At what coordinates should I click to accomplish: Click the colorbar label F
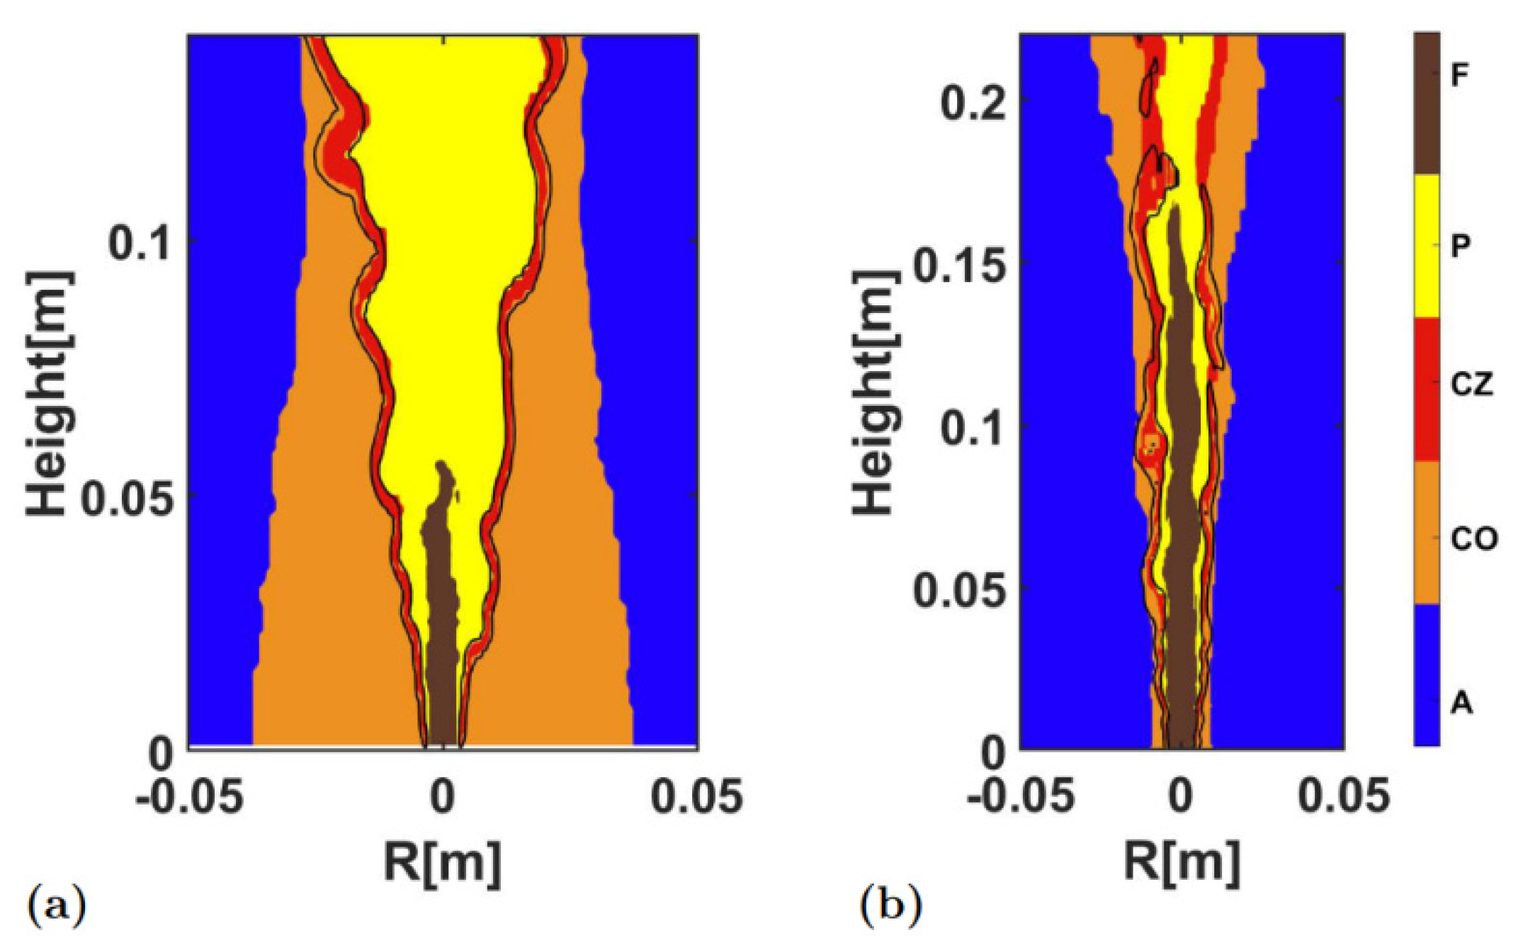point(1459,74)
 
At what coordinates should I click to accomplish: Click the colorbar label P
point(1459,246)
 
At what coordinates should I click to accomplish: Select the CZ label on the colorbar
point(1471,385)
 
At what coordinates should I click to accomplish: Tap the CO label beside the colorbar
point(1473,540)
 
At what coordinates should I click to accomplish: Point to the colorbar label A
point(1461,703)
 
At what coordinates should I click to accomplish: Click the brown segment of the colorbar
point(1427,103)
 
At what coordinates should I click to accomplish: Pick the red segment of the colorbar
point(1427,390)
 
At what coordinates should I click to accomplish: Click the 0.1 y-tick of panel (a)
point(140,244)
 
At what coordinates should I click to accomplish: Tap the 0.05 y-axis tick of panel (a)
point(126,498)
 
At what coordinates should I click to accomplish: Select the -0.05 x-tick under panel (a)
point(190,796)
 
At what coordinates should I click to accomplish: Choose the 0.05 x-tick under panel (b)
point(1343,796)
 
